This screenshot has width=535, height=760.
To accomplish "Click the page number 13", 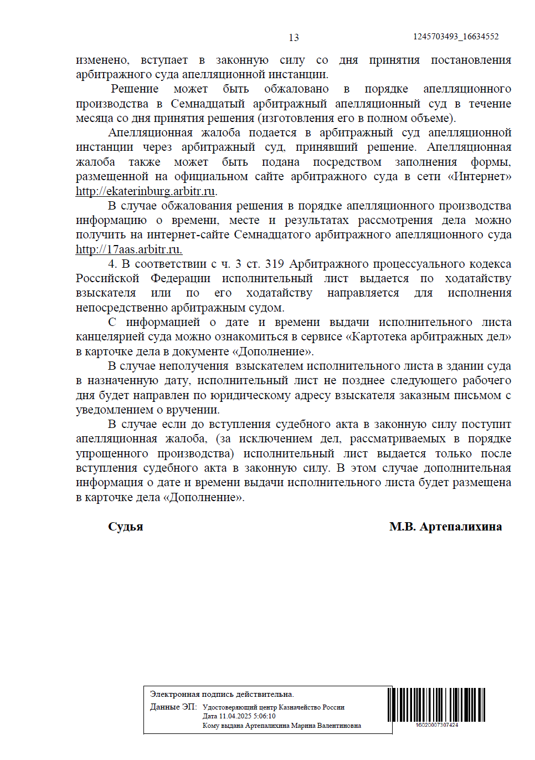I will [x=294, y=38].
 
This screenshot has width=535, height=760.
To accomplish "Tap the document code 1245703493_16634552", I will [x=455, y=37].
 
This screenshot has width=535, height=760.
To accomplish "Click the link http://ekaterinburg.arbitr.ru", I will [x=145, y=191].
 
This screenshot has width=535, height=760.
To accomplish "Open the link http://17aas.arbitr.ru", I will [x=128, y=249].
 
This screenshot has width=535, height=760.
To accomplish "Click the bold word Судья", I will [x=125, y=527].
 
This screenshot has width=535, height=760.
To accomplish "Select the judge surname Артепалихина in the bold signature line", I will [x=461, y=527].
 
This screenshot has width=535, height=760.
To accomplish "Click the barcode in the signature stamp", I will [x=436, y=704].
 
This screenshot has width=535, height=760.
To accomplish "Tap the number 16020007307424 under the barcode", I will [x=436, y=725].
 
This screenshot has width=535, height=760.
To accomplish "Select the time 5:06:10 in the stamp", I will [x=264, y=716].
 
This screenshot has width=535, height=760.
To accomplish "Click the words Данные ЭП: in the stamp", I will [x=173, y=707].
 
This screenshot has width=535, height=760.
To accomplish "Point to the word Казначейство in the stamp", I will [x=299, y=707].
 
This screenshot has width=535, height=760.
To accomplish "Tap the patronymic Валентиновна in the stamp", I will [x=339, y=726].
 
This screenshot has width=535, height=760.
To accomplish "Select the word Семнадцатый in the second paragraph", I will [x=208, y=104].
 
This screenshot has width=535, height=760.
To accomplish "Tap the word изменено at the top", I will [x=102, y=60].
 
